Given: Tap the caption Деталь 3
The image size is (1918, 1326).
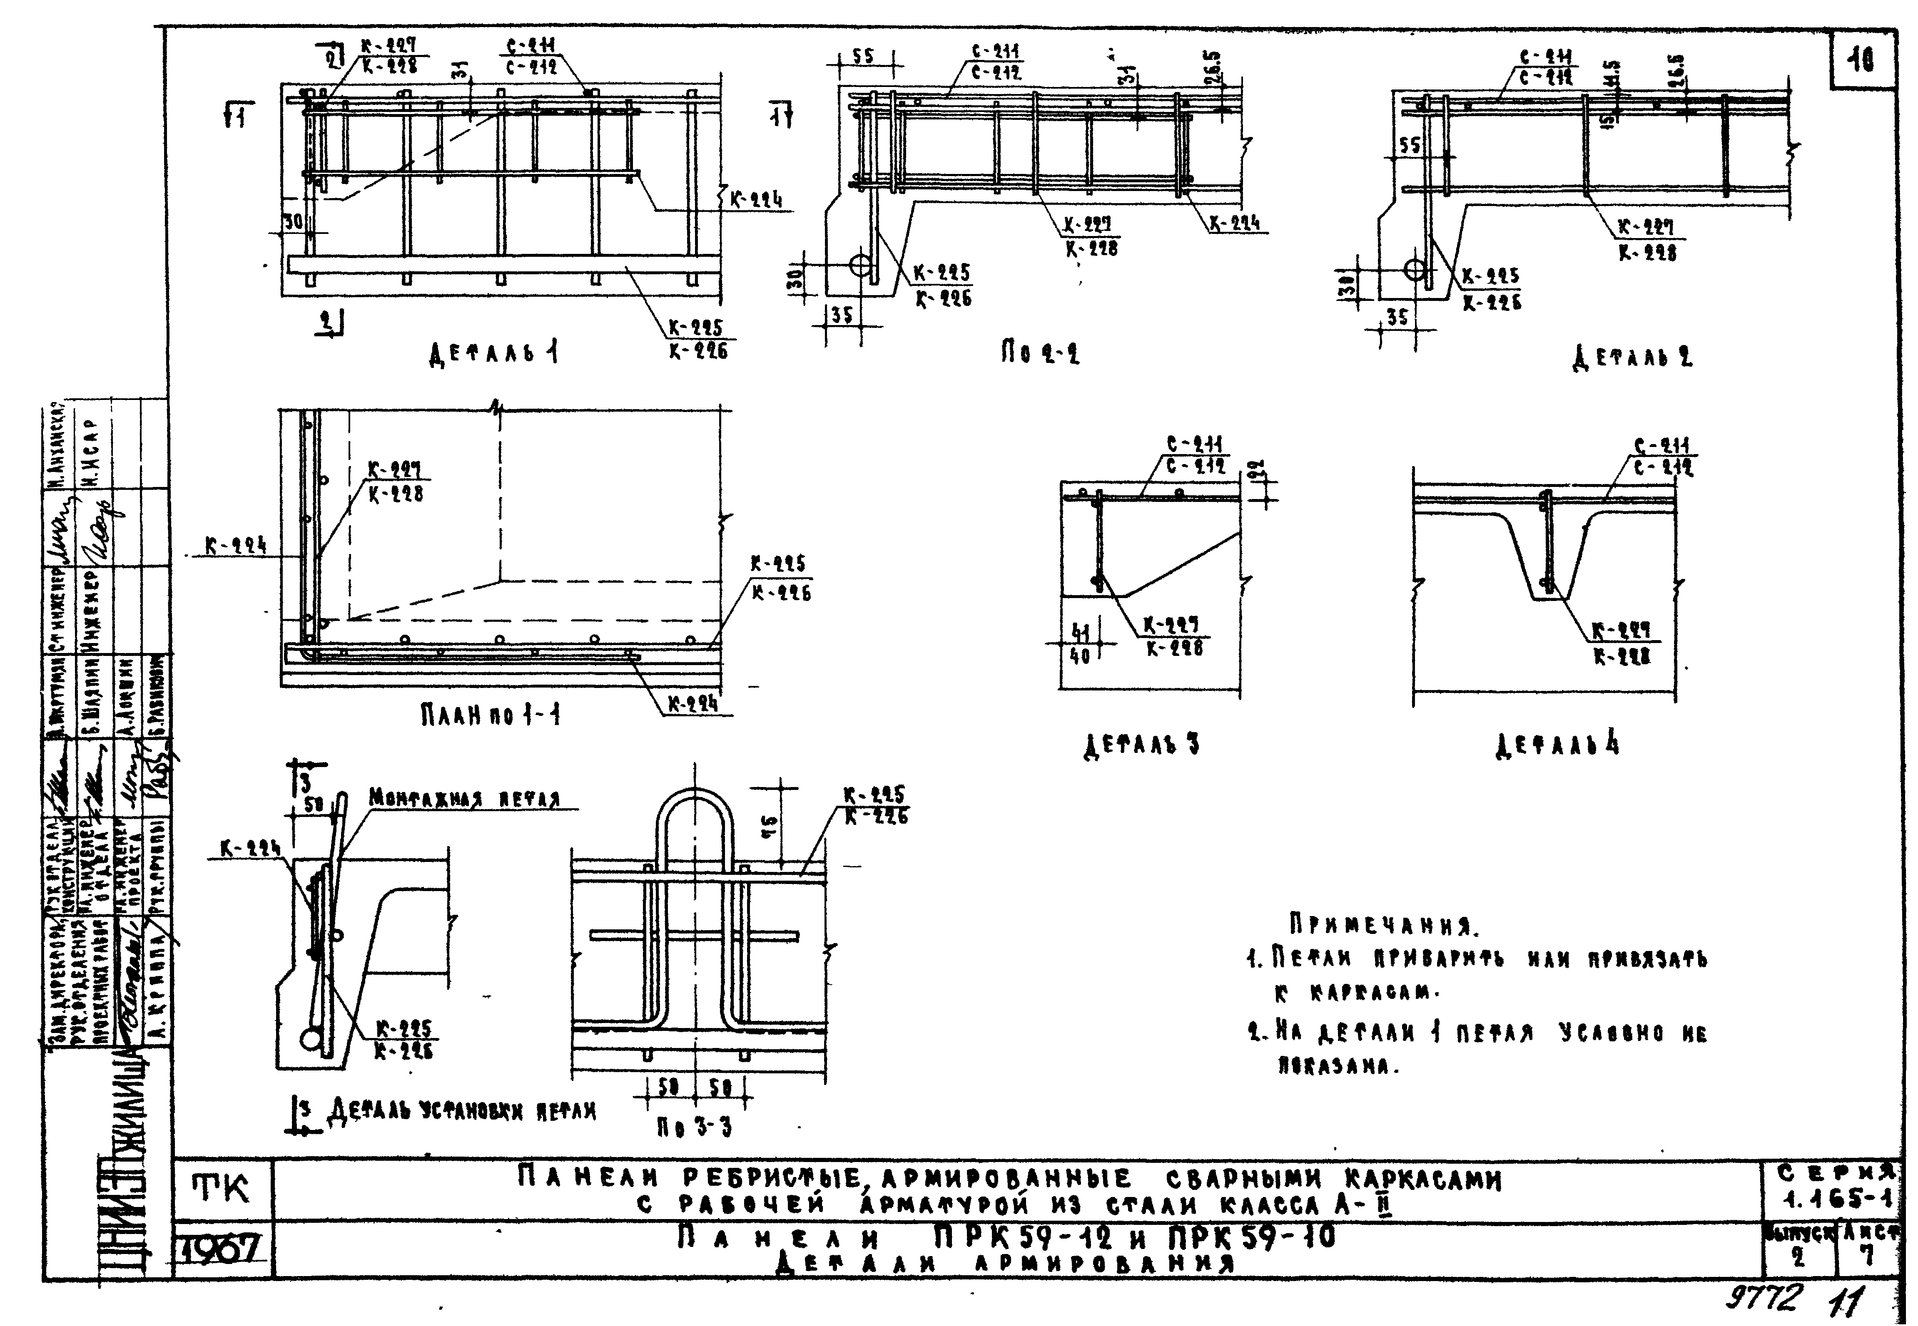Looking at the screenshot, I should [1141, 745].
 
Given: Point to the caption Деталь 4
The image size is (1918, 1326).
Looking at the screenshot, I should [1557, 745].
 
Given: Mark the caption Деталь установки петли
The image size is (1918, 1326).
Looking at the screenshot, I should [463, 1110].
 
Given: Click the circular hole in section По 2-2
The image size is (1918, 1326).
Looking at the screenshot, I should [861, 265].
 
